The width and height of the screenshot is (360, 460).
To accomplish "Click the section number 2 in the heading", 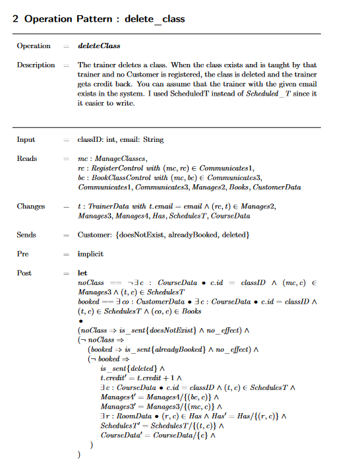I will pyautogui.click(x=16, y=18).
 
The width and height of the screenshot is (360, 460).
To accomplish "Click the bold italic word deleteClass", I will pyautogui.click(x=98, y=46).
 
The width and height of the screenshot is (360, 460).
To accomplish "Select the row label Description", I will pyautogui.click(x=36, y=65).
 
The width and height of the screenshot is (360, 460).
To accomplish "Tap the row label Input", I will pyautogui.click(x=26, y=140).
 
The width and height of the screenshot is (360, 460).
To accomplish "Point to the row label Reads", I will pyautogui.click(x=26, y=159).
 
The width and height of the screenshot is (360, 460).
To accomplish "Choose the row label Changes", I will pyautogui.click(x=30, y=207).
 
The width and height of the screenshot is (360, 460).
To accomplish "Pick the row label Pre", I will pyautogui.click(x=23, y=253).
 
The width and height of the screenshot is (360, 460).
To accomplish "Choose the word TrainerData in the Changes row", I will pyautogui.click(x=105, y=207).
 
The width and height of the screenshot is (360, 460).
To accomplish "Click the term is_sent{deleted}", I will pyautogui.click(x=127, y=368).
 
